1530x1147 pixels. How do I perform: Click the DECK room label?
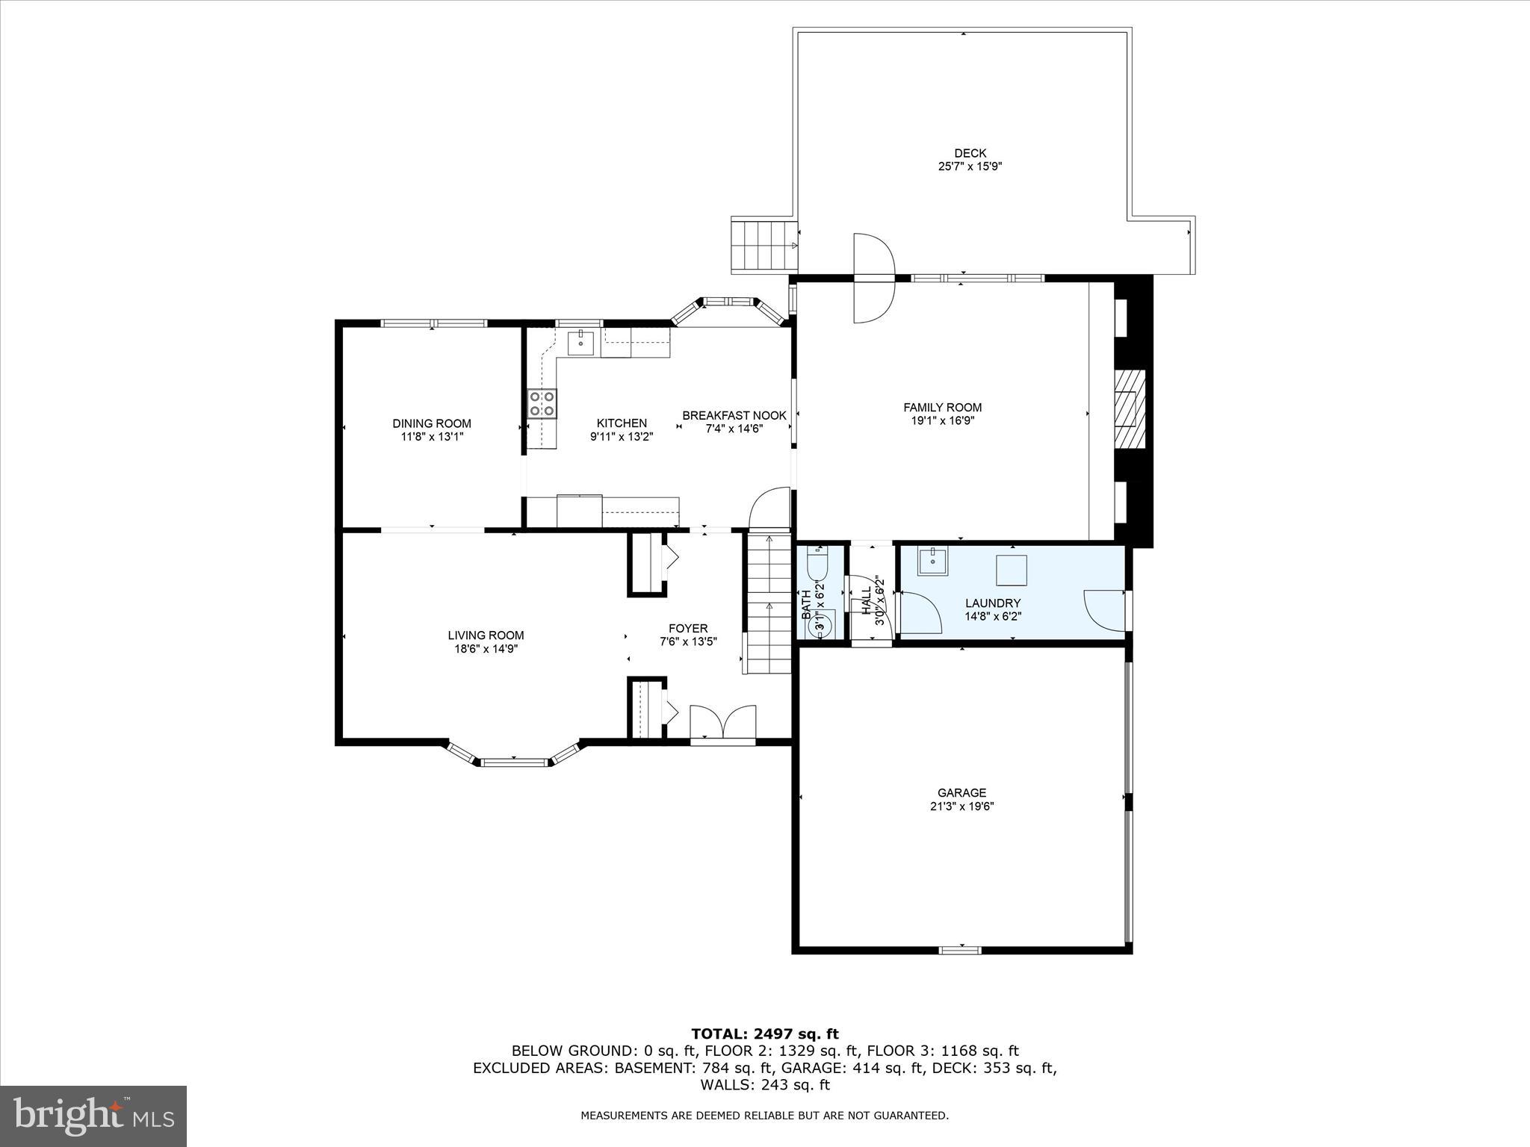tap(970, 153)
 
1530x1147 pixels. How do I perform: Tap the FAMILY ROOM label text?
tap(942, 408)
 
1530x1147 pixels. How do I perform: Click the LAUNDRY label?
tap(992, 603)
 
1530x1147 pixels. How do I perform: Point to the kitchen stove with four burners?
tap(542, 403)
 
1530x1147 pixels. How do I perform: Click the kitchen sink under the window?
tap(580, 344)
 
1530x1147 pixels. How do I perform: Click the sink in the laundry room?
tap(932, 561)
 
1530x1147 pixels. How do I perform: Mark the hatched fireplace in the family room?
tap(1130, 408)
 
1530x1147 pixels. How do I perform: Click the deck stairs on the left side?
tap(763, 246)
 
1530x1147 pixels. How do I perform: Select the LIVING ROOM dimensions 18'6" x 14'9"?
tap(486, 649)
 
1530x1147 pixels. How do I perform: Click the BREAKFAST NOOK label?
tap(734, 415)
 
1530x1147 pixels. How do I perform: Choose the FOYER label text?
tap(688, 629)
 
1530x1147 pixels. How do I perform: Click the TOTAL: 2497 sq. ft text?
tap(764, 1034)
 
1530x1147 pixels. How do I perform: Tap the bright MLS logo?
tap(93, 1116)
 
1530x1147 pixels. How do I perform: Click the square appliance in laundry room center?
tap(1011, 571)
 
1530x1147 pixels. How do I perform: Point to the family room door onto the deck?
tap(874, 278)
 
